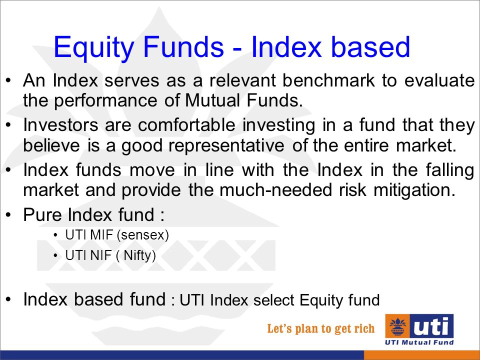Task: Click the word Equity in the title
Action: tap(94, 48)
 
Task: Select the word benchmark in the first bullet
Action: tap(328, 80)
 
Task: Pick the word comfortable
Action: tap(186, 125)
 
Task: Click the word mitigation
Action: tap(414, 190)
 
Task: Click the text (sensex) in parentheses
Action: tap(143, 235)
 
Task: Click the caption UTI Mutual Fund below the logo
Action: tap(419, 342)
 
